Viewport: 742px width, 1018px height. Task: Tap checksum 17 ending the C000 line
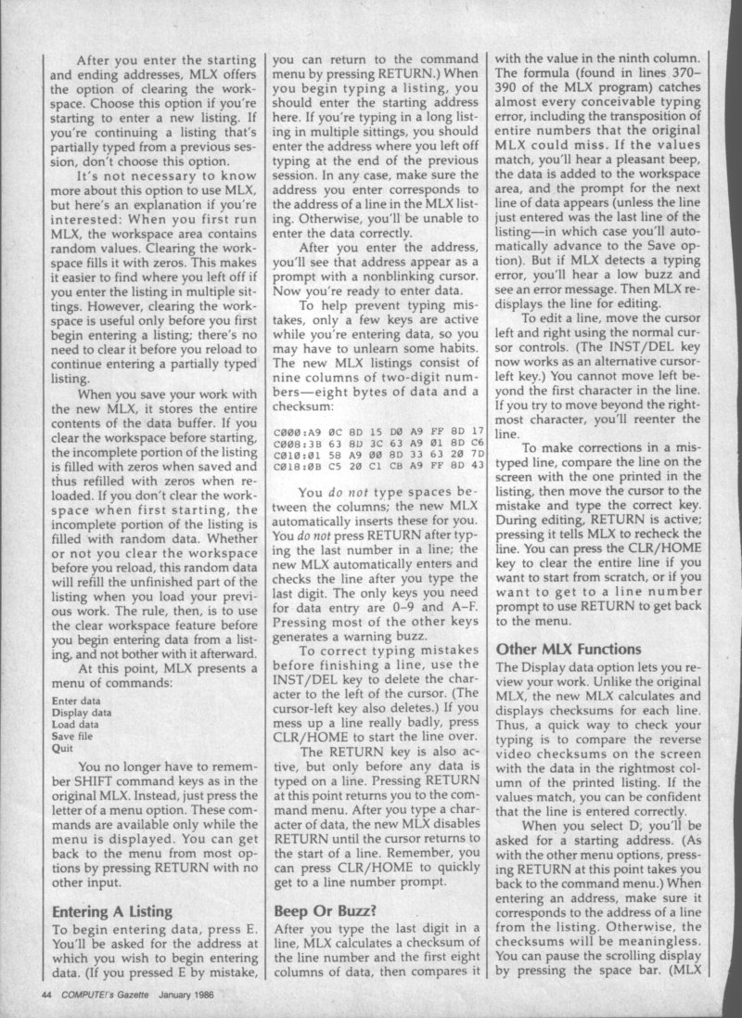[479, 432]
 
